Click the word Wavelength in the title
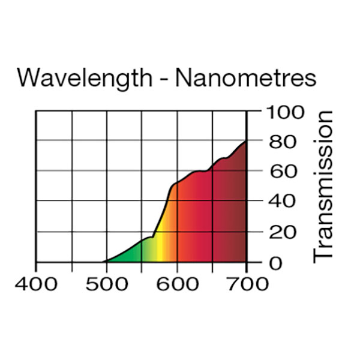[x=84, y=78]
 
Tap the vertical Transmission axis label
[x=324, y=185]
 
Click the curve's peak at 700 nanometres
[x=245, y=142]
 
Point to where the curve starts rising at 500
[x=107, y=261]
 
